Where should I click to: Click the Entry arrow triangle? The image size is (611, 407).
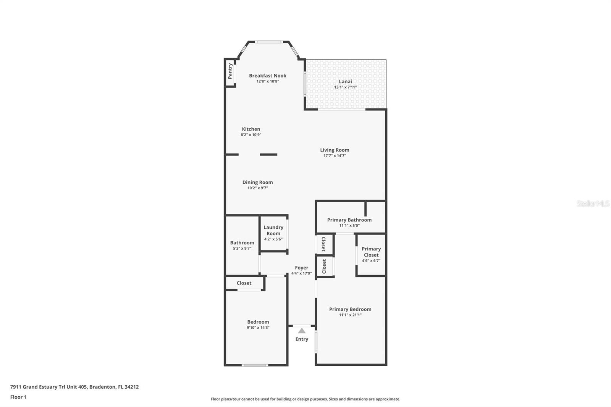click(x=301, y=331)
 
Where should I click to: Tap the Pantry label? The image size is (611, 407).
click(x=230, y=71)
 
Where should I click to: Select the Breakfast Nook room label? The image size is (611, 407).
click(x=268, y=76)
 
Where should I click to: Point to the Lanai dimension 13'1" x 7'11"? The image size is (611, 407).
click(x=345, y=87)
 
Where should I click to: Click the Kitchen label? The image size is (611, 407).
click(x=251, y=129)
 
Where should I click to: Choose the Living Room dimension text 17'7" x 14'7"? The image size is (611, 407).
click(x=335, y=156)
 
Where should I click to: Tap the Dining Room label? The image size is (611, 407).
click(x=257, y=182)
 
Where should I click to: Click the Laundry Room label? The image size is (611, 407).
click(x=273, y=230)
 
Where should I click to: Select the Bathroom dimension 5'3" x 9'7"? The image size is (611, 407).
click(x=242, y=249)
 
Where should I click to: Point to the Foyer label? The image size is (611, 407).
click(x=301, y=268)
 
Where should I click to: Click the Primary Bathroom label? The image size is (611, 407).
click(x=349, y=220)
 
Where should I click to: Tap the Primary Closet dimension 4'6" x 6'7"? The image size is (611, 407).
click(x=371, y=261)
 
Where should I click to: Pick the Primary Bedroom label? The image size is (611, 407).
click(x=350, y=309)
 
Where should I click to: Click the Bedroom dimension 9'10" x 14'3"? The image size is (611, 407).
click(x=258, y=328)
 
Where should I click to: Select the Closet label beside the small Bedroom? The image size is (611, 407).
click(x=244, y=283)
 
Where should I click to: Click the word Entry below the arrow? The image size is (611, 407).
click(x=302, y=339)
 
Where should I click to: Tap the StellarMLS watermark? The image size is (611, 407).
click(x=593, y=203)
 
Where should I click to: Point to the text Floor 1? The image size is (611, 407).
click(x=18, y=397)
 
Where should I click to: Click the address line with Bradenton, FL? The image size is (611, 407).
click(x=74, y=387)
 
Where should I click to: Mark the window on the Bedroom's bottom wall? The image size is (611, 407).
click(x=255, y=365)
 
